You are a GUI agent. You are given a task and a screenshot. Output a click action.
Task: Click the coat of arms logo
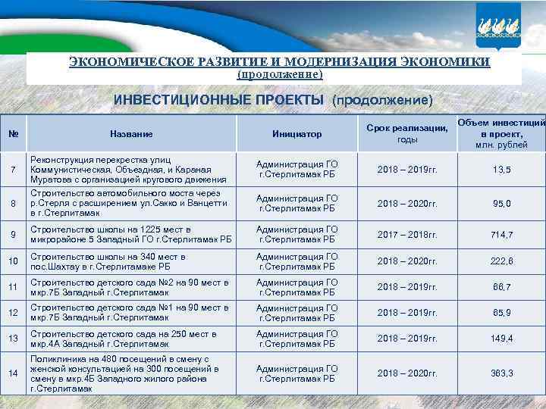[x=498, y=26]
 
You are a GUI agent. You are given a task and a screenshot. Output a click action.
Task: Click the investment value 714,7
[x=502, y=235]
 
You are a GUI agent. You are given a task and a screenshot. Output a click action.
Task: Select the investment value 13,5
[x=502, y=169]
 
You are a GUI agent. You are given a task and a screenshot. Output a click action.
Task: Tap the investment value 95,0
[x=502, y=203]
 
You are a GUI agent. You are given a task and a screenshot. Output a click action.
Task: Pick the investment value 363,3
[x=502, y=373]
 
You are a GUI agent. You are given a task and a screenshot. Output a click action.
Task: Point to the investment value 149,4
[x=502, y=339]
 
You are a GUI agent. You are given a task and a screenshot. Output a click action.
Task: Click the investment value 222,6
[x=502, y=261]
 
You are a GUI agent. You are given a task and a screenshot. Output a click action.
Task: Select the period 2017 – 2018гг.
[x=407, y=235]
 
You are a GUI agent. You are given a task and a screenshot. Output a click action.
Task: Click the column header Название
[x=131, y=134]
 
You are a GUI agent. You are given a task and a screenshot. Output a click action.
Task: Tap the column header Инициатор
[x=297, y=134]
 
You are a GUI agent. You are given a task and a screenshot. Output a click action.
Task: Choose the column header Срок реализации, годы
[x=407, y=134]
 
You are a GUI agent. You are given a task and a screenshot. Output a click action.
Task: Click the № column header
[x=13, y=134]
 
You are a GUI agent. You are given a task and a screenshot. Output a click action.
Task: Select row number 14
[x=13, y=373]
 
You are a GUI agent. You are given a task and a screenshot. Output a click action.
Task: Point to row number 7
[x=13, y=169]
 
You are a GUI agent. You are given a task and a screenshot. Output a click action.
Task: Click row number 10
[x=13, y=261]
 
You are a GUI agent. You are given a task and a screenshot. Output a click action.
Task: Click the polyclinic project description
[x=125, y=373]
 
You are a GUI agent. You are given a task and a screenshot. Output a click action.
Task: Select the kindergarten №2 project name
[x=129, y=287]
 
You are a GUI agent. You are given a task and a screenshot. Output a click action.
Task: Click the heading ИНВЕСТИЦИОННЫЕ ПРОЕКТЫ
[x=218, y=100]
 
